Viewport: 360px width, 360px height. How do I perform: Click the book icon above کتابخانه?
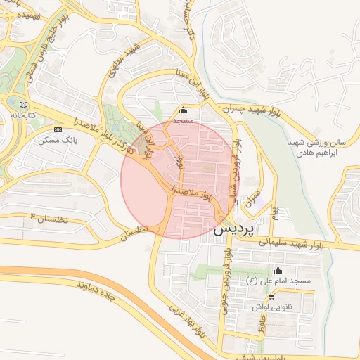(x=25, y=104)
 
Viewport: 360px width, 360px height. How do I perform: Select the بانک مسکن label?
(x=59, y=141)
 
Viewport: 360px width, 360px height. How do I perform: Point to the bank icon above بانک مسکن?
(x=58, y=130)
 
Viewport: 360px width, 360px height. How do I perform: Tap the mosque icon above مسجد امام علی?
(x=278, y=271)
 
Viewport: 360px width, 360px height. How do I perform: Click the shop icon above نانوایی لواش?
(x=271, y=297)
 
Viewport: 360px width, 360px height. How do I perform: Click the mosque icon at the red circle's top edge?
(x=184, y=110)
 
